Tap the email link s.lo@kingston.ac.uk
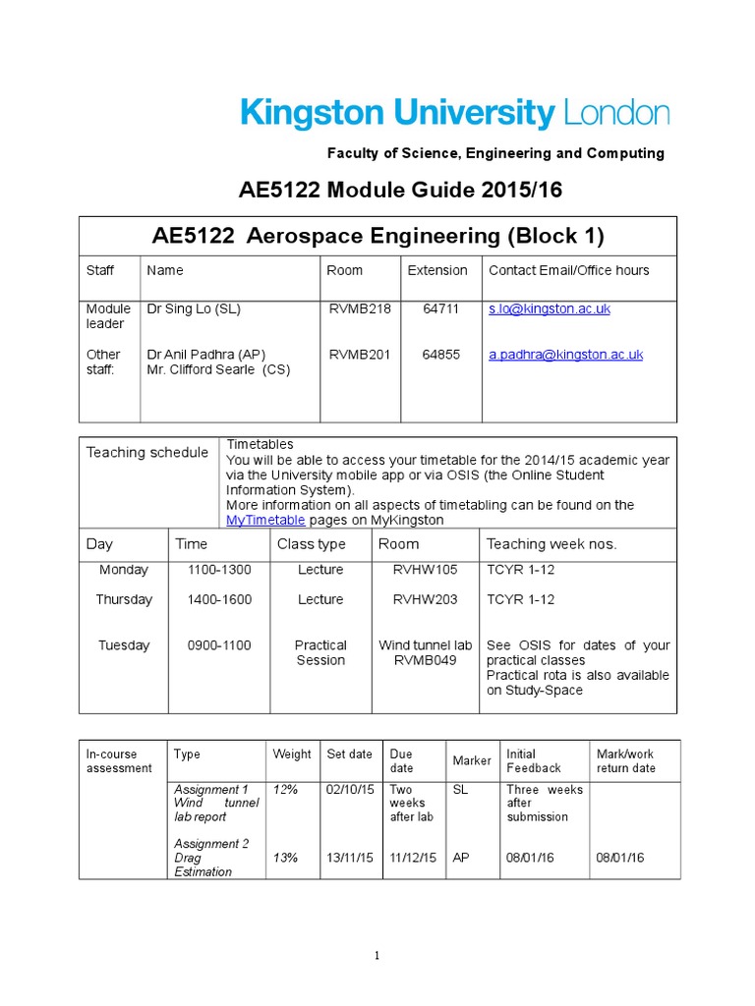550,308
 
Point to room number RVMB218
360,308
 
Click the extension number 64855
440,355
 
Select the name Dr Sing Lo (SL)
194,308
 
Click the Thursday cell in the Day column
124,599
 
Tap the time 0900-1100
219,645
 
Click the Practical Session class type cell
320,652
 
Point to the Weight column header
292,754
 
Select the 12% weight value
285,790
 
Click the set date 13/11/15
349,858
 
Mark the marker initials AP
460,858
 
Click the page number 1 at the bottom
377,956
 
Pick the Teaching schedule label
147,452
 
